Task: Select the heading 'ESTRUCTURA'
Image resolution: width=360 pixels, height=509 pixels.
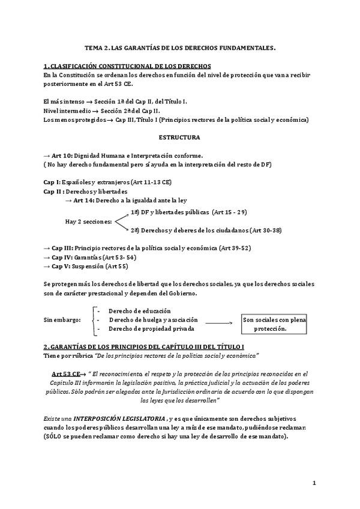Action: point(180,137)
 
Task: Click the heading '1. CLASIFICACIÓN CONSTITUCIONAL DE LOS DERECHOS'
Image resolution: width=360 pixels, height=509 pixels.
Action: point(127,65)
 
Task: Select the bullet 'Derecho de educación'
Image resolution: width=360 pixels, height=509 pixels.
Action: point(140,311)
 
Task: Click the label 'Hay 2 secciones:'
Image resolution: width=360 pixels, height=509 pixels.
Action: point(88,221)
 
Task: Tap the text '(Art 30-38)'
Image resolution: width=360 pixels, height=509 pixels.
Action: point(265,230)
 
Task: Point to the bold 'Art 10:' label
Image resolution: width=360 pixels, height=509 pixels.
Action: point(62,155)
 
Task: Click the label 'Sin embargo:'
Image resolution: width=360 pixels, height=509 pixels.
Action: point(62,320)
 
